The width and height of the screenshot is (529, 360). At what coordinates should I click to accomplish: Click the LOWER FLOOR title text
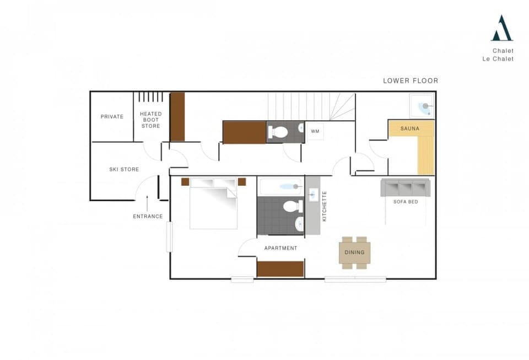tap(411, 80)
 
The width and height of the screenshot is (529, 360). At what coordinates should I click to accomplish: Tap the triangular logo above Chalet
tap(501, 29)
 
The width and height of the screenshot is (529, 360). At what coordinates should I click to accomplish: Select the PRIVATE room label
tap(112, 116)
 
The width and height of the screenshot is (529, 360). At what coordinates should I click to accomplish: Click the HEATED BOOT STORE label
tap(150, 120)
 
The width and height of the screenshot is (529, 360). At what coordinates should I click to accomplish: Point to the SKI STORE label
tap(124, 169)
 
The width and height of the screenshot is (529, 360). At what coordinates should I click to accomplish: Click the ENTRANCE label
tap(148, 216)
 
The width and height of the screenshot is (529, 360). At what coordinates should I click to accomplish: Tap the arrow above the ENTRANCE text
tap(147, 202)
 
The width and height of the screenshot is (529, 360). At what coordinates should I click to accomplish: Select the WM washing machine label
tap(315, 131)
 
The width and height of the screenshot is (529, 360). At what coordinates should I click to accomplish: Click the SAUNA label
tap(409, 128)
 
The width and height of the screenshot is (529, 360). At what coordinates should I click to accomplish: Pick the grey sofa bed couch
tap(405, 187)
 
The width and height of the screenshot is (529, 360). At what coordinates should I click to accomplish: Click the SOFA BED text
tap(406, 202)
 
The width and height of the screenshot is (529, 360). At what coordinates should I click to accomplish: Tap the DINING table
tap(354, 252)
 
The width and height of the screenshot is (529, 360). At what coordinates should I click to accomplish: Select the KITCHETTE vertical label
tap(324, 206)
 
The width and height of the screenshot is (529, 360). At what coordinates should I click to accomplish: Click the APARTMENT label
tap(280, 248)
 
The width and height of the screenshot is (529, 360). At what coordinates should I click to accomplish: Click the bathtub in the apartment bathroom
tap(280, 186)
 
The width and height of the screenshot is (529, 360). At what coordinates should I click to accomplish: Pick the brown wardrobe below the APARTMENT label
tap(280, 269)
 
